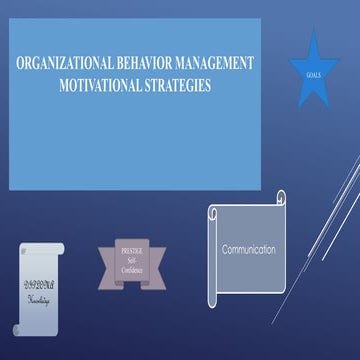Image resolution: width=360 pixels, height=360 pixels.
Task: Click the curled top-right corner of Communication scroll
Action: [281, 197]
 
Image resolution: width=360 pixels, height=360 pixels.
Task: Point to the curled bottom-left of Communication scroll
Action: [214, 300]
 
